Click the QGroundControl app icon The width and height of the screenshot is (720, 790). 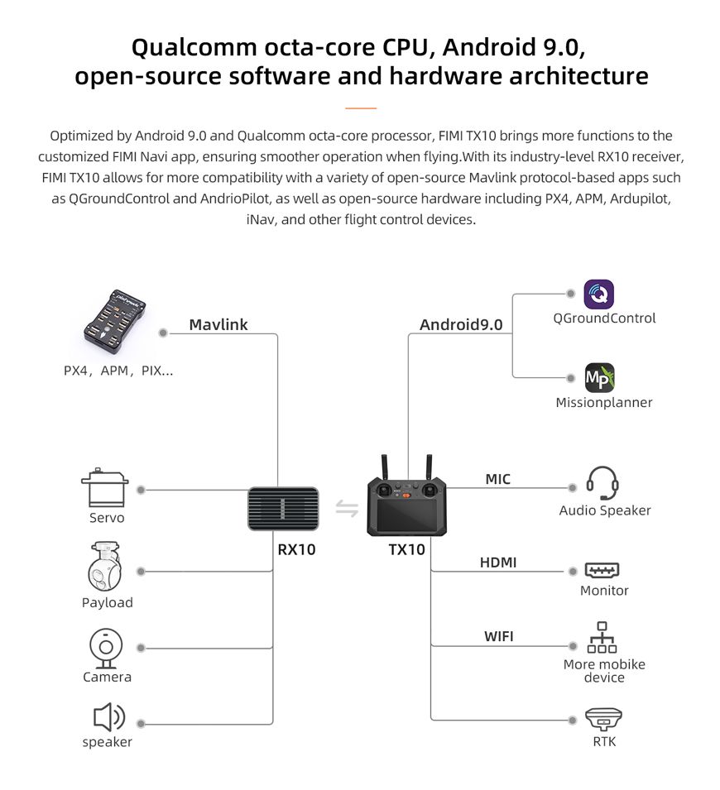tap(599, 294)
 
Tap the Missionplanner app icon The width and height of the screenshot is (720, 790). tap(599, 378)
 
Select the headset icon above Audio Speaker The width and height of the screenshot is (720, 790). tap(602, 484)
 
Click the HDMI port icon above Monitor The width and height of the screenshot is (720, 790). tap(602, 570)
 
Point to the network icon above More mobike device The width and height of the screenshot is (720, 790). tap(602, 638)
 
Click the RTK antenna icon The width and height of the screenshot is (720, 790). tap(603, 718)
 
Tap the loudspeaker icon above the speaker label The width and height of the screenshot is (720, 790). tap(108, 717)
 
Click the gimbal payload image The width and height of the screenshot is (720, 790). tap(105, 567)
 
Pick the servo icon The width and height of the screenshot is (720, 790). tap(105, 489)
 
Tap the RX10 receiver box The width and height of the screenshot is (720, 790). tap(283, 508)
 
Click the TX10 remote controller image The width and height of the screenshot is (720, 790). tap(407, 500)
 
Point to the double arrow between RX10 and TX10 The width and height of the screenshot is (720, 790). tap(347, 508)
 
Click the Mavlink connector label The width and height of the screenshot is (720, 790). tap(218, 324)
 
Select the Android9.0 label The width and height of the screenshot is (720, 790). tap(460, 324)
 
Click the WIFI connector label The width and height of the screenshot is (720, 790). tap(498, 636)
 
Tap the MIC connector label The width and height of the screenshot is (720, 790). tap(497, 479)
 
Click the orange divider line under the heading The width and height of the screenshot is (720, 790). tap(360, 108)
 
